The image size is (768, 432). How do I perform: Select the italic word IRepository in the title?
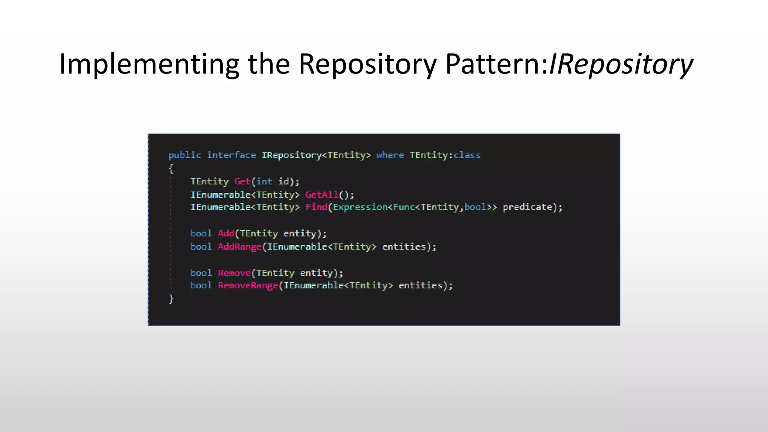pos(621,64)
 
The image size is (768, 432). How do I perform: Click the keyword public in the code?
pos(184,155)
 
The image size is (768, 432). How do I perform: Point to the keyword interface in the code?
pos(231,155)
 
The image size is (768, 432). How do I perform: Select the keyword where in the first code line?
pos(390,155)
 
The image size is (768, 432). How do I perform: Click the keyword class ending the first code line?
pos(467,155)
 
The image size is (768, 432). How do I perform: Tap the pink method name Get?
pos(242,181)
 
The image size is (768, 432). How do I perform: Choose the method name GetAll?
pos(322,195)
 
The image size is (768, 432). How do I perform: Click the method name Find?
pos(316,207)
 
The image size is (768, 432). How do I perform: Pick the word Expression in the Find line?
pos(360,207)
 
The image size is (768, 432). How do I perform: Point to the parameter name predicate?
pos(527,207)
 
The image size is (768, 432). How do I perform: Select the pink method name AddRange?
pos(240,247)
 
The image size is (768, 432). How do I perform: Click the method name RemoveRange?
pos(248,285)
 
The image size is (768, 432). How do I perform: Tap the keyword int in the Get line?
pos(264,181)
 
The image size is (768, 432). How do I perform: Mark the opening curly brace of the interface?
pos(171,169)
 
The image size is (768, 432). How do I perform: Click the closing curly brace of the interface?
pos(171,299)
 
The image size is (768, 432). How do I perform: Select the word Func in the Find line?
pos(404,207)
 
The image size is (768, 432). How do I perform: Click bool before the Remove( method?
pos(201,273)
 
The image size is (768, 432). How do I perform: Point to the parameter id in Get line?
pos(283,181)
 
